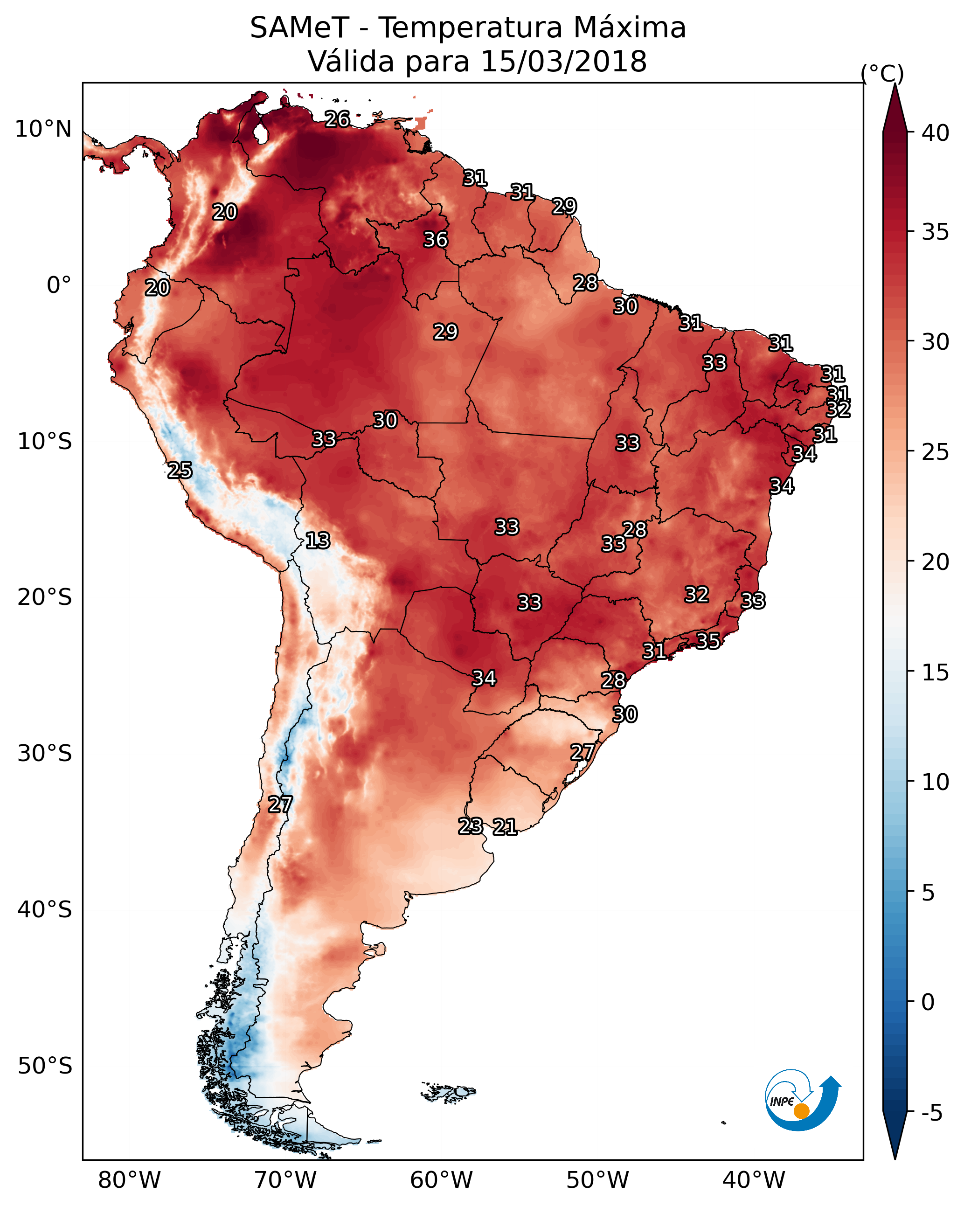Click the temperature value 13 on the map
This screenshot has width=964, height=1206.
click(x=318, y=541)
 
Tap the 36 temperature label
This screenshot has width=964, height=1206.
click(x=435, y=239)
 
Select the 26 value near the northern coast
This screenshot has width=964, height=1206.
click(x=337, y=119)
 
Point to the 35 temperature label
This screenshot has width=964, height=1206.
click(x=708, y=640)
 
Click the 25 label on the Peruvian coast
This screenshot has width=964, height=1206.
click(x=180, y=471)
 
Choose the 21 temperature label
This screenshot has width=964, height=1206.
click(x=505, y=827)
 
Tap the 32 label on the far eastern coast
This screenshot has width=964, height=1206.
click(x=838, y=409)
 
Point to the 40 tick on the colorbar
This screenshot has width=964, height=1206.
click(x=936, y=133)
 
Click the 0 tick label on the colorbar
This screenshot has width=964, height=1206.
click(x=928, y=1003)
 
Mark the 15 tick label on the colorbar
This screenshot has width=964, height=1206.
click(x=936, y=672)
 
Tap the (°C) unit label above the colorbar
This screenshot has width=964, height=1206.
click(x=882, y=73)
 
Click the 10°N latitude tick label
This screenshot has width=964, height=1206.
click(x=43, y=129)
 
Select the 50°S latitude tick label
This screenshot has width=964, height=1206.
click(x=45, y=1066)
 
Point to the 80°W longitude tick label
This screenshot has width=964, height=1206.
click(x=129, y=1180)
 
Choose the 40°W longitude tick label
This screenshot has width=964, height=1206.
click(x=754, y=1180)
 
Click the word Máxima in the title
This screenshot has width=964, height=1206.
click(x=624, y=28)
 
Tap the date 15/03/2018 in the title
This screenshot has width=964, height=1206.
click(x=564, y=62)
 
